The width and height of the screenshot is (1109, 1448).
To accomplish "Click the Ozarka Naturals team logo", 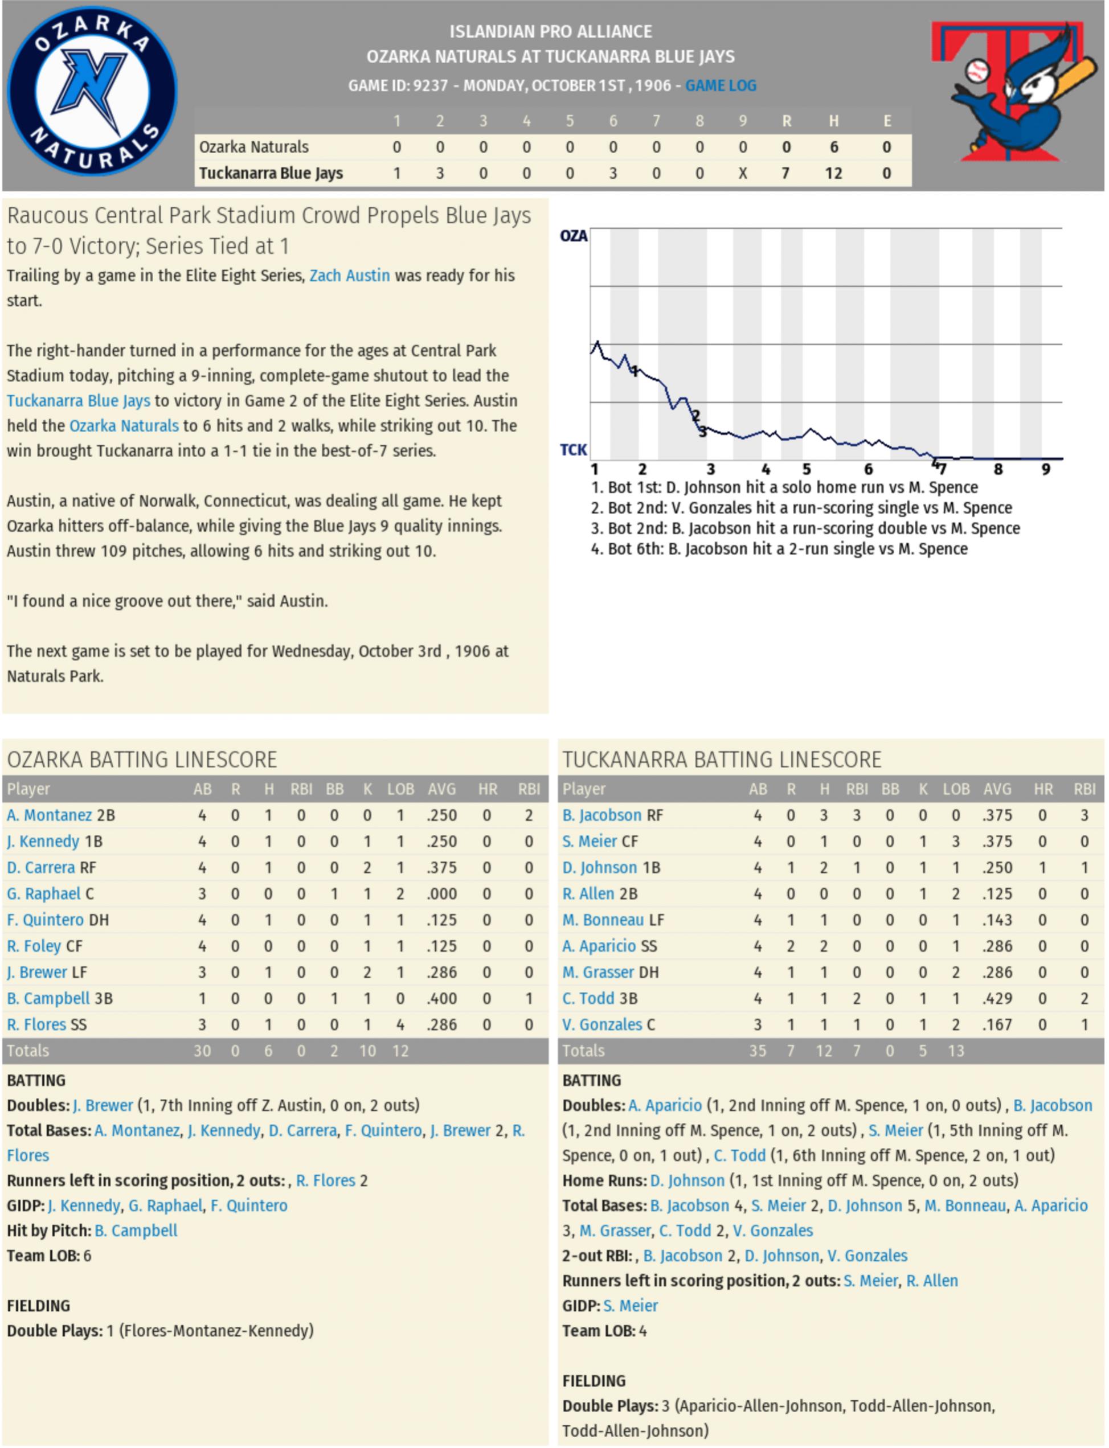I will tap(92, 91).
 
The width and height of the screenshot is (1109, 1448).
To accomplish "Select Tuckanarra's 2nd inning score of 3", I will tap(440, 174).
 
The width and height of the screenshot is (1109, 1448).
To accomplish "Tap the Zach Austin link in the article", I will tap(349, 275).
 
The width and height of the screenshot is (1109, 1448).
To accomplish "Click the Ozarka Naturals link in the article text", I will tap(124, 426).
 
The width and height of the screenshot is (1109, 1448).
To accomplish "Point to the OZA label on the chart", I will tap(573, 236).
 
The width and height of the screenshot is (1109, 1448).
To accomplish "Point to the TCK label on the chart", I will tap(573, 450).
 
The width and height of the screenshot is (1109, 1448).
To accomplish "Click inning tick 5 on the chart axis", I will tap(806, 469).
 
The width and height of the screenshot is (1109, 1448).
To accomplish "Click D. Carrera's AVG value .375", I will tap(441, 867).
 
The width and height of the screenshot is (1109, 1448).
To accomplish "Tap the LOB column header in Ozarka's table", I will tap(400, 789).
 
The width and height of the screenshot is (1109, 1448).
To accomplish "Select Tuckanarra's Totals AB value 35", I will tap(757, 1051).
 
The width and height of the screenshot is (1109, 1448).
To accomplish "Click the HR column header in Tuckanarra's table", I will tap(1043, 789).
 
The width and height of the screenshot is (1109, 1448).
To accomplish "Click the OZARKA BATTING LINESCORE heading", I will tap(142, 760).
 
